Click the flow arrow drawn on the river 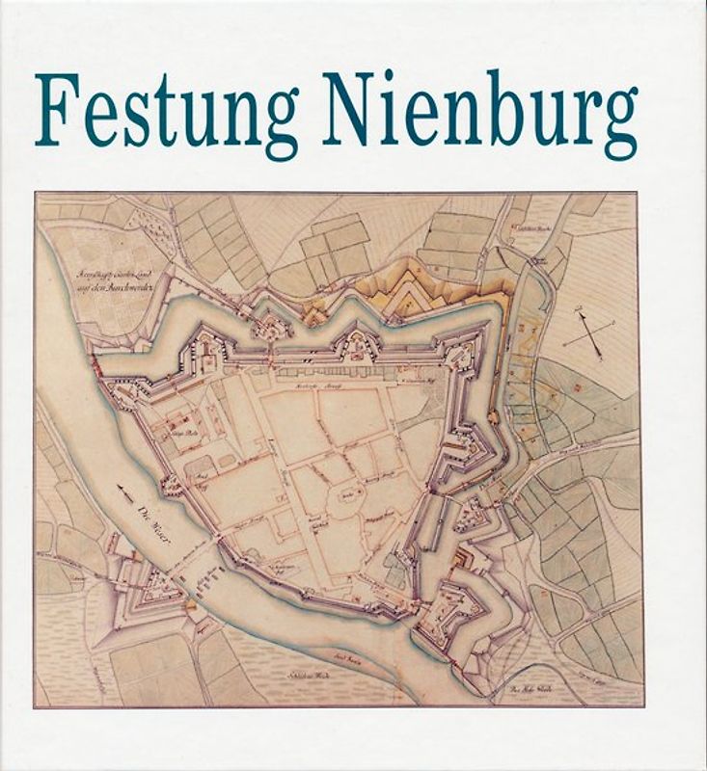[123, 491]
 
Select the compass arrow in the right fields [589, 332]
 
